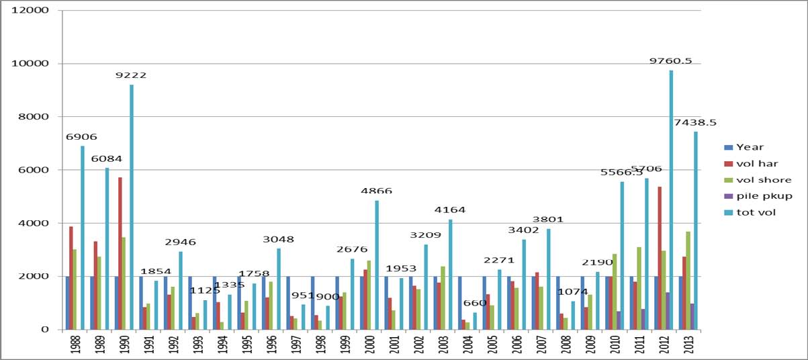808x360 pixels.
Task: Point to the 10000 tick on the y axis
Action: [x=30, y=64]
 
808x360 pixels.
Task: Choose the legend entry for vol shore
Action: [x=759, y=180]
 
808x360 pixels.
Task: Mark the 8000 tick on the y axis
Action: [x=34, y=117]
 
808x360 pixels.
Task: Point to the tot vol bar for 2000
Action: [x=377, y=265]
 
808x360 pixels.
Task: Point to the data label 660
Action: [x=474, y=302]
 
